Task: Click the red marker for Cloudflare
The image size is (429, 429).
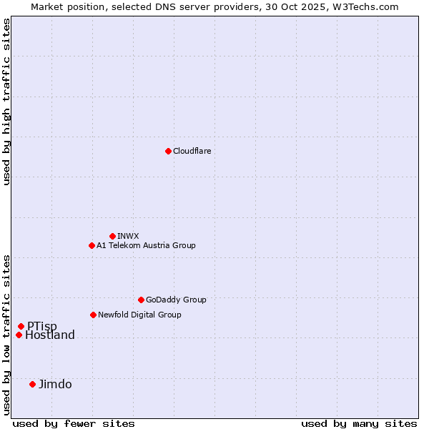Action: click(168, 151)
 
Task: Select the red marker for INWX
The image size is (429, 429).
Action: click(112, 236)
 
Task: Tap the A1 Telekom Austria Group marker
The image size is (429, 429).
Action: click(92, 245)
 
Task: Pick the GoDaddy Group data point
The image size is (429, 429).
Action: click(141, 300)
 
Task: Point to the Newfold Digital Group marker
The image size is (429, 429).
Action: click(93, 315)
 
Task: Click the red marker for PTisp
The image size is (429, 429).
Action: click(21, 326)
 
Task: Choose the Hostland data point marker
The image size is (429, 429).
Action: click(19, 335)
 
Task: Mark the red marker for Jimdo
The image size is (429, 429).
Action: click(32, 384)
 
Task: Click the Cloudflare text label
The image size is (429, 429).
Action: click(192, 151)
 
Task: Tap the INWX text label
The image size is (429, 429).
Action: click(128, 236)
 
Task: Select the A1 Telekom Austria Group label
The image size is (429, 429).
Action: click(146, 245)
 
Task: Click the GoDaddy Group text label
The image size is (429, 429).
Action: click(176, 300)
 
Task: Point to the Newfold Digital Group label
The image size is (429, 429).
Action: click(139, 315)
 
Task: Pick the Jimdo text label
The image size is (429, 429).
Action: click(55, 384)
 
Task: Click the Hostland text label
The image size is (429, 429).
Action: click(50, 335)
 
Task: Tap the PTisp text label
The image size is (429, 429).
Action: click(42, 327)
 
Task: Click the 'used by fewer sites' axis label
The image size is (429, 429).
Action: click(74, 423)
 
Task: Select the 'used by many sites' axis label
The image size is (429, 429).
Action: click(359, 423)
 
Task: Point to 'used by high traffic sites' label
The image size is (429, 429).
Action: click(7, 102)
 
